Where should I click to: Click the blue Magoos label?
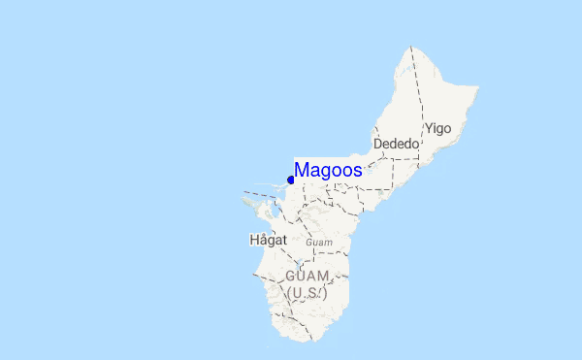[328, 170]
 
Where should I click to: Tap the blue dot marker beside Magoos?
[291, 180]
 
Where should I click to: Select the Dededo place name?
[396, 144]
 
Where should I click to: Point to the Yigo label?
[437, 128]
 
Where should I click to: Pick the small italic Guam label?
[319, 242]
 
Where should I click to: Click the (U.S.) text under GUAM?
[307, 292]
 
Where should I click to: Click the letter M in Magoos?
[302, 170]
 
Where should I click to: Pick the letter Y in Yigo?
[428, 128]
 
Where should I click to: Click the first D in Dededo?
[378, 144]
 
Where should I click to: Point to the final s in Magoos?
[358, 170]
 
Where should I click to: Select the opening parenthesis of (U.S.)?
[287, 292]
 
